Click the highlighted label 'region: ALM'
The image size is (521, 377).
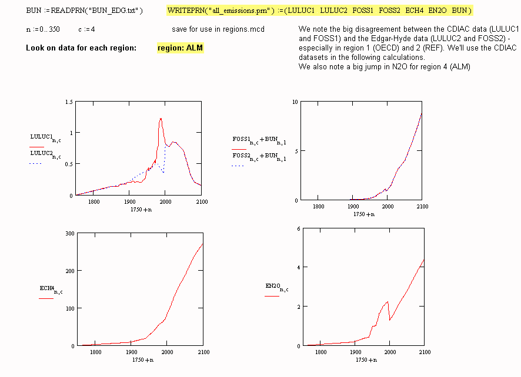181,48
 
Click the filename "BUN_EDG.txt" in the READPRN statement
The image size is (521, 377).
115,11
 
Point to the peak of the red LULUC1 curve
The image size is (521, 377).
161,119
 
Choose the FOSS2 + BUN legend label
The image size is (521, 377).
259,157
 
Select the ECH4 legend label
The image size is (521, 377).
49,289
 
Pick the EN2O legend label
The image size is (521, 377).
275,287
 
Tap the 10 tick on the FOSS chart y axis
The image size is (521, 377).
295,102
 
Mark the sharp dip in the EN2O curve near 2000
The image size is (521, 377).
390,320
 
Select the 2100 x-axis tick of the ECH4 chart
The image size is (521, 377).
202,352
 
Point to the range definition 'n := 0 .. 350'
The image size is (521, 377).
43,29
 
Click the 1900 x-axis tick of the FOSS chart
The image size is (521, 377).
353,206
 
